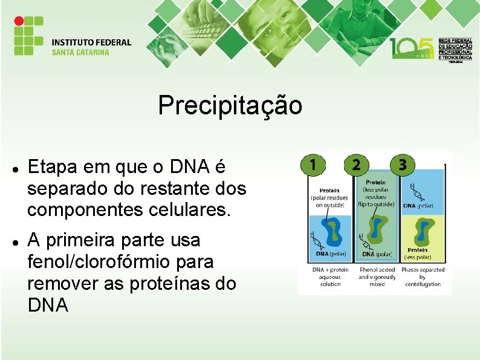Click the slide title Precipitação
click(230, 105)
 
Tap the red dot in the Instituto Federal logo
click(19, 21)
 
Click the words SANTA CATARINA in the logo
click(80, 52)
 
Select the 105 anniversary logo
click(412, 48)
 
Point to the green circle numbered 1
click(313, 165)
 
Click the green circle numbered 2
click(356, 165)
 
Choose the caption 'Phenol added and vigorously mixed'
click(377, 277)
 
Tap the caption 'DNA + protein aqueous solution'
click(331, 277)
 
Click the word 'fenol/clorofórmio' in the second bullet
click(120, 263)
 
